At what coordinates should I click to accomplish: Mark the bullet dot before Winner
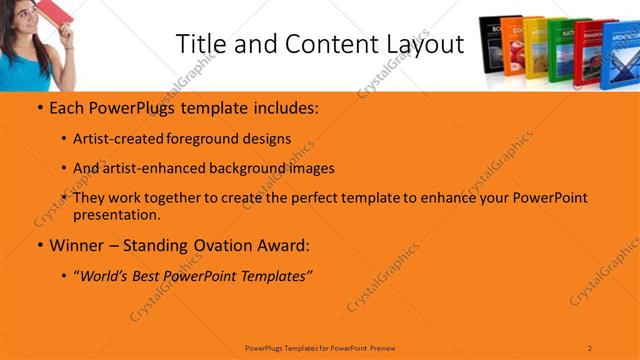coord(39,245)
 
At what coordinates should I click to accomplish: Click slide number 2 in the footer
coord(590,347)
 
